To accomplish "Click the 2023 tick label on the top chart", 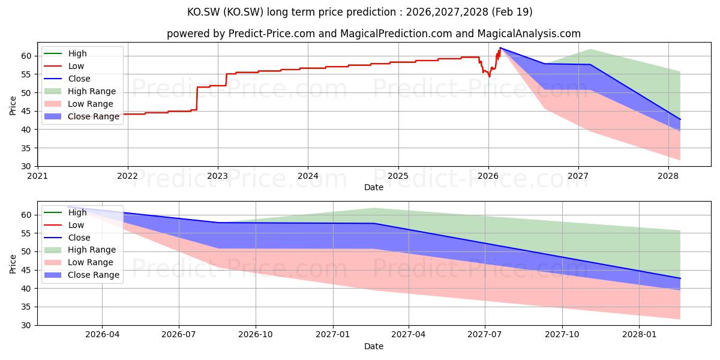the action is [x=218, y=176].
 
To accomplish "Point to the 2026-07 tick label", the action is [x=179, y=335].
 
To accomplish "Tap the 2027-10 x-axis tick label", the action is [x=562, y=335].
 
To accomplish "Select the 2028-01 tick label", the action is [x=639, y=335].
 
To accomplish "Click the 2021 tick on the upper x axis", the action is [x=38, y=176].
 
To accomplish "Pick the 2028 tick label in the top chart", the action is [x=668, y=176].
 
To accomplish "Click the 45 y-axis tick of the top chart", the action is [x=26, y=111].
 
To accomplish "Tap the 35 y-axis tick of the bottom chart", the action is [x=26, y=307].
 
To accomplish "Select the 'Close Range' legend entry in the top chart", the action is [x=82, y=116].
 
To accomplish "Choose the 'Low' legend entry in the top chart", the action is [x=64, y=66].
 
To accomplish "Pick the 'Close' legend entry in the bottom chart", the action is [x=67, y=238].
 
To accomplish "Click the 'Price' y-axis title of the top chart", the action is [x=13, y=106].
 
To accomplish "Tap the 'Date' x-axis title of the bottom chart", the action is [x=374, y=347].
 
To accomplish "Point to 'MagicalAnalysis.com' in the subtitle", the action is [x=529, y=34].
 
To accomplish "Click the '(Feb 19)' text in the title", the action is [x=512, y=12].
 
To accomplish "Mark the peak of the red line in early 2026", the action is [x=500, y=48].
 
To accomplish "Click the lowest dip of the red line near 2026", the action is [x=489, y=77].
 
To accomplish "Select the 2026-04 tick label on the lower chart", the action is [x=102, y=335].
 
